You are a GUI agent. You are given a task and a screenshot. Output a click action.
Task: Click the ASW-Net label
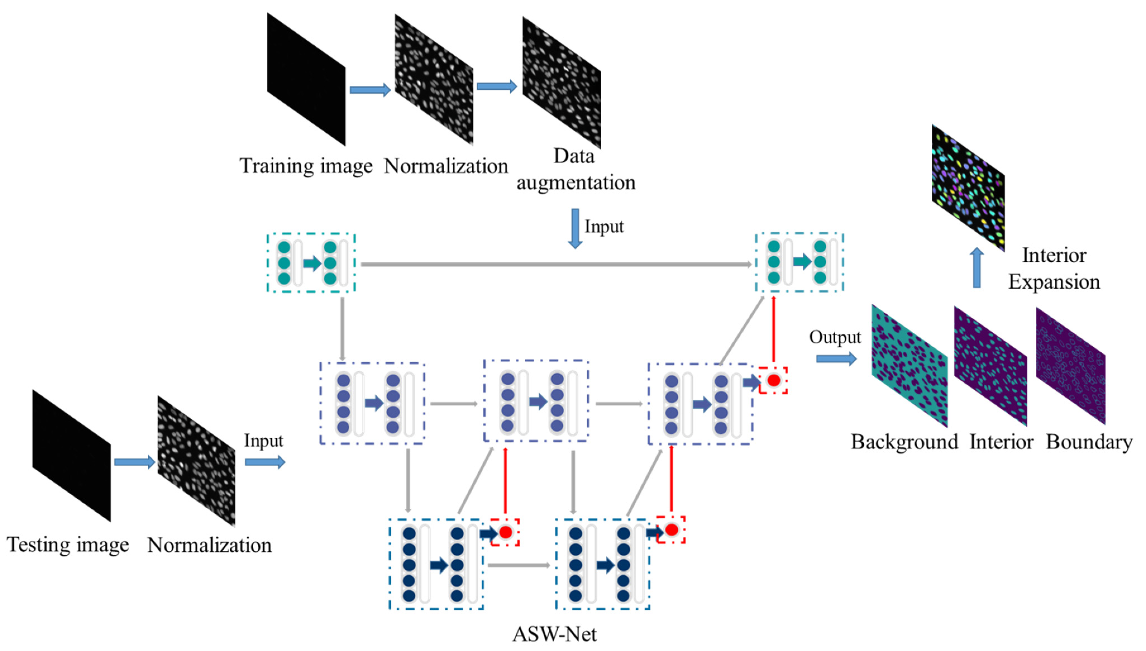click(554, 634)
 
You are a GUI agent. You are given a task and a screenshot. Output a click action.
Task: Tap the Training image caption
click(306, 166)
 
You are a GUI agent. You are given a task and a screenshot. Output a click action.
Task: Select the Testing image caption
click(68, 545)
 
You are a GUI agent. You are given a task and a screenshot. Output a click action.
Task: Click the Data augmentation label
click(576, 170)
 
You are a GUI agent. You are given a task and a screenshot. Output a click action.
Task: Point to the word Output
click(835, 337)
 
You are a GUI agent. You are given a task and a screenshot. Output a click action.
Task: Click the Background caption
click(904, 442)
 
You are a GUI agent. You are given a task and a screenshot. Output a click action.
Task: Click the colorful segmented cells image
click(968, 187)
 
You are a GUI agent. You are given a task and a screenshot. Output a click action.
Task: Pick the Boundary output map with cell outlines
click(1071, 366)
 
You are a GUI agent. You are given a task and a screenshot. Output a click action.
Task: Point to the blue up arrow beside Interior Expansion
click(977, 267)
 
